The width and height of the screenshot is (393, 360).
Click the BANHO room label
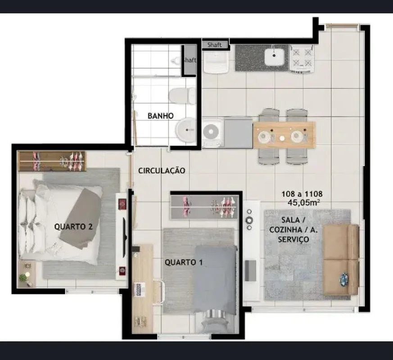[x=160, y=116]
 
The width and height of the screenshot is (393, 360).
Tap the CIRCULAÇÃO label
[x=162, y=171]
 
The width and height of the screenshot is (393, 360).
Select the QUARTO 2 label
[x=73, y=227]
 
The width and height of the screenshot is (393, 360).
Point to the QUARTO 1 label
[x=184, y=262]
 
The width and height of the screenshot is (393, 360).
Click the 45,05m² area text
[x=303, y=202]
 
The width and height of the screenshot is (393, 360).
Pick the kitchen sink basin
[x=275, y=56]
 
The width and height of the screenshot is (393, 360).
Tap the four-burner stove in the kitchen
[x=302, y=58]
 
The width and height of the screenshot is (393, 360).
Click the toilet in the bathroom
[x=182, y=96]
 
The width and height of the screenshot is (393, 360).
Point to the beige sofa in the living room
[x=341, y=260]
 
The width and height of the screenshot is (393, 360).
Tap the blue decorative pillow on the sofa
[x=344, y=279]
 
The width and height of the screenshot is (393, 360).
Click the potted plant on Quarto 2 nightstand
[x=23, y=277]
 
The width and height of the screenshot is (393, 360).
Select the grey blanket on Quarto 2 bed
[x=81, y=218]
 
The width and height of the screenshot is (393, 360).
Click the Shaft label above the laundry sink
[x=215, y=45]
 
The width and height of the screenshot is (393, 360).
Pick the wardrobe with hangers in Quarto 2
[x=52, y=161]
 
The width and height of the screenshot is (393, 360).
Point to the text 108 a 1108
[x=302, y=194]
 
